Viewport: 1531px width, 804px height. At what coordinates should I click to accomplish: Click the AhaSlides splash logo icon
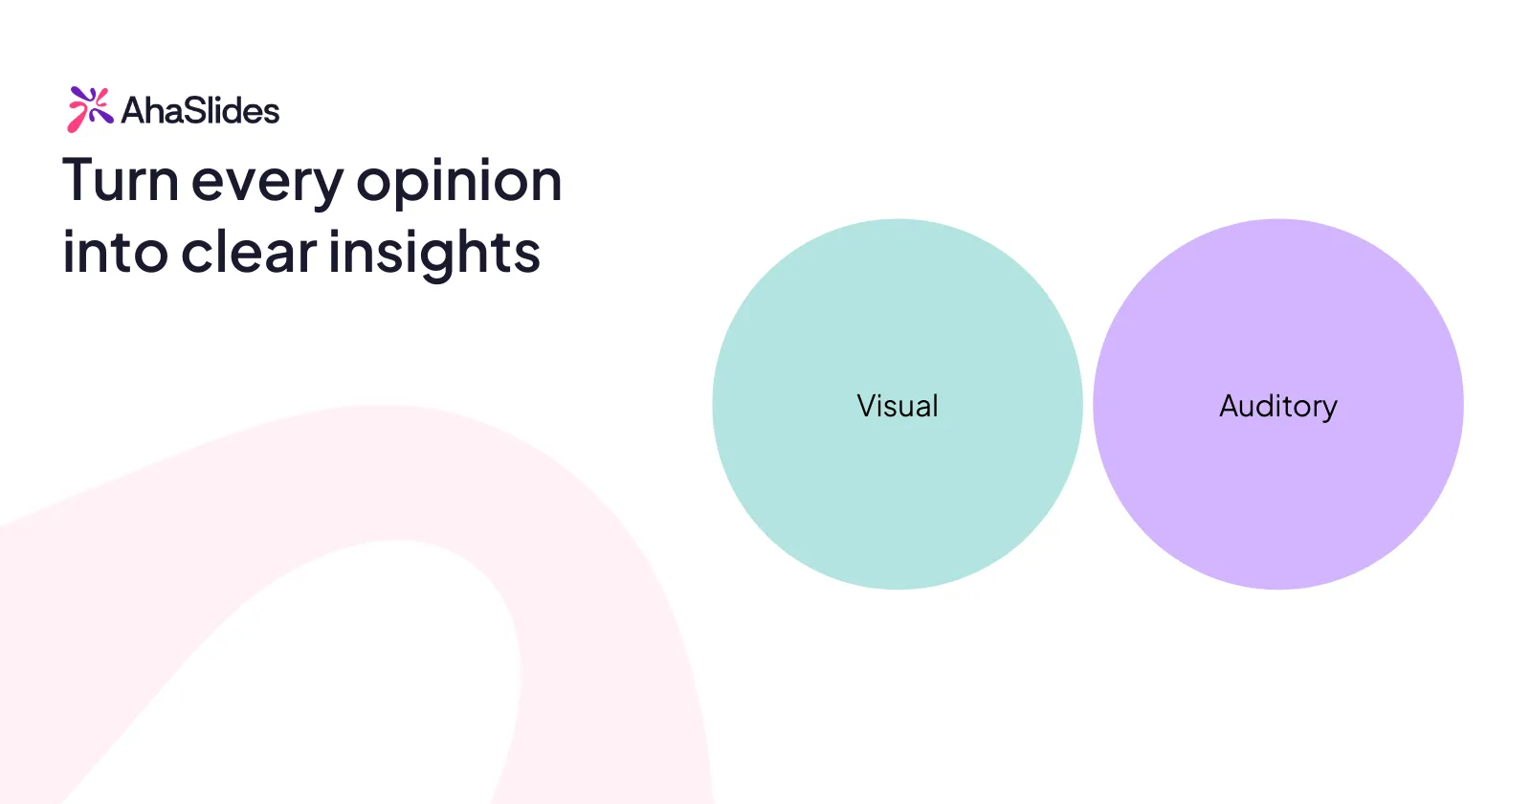pyautogui.click(x=90, y=109)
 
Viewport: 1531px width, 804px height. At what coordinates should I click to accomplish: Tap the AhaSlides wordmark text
pyautogui.click(x=200, y=111)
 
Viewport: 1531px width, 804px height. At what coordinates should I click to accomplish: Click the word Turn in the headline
pyautogui.click(x=121, y=180)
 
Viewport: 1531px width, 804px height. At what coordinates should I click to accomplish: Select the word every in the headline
pyautogui.click(x=267, y=185)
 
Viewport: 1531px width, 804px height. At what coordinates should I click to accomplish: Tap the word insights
pyautogui.click(x=434, y=254)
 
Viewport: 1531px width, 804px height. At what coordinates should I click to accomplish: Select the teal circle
pyautogui.click(x=898, y=404)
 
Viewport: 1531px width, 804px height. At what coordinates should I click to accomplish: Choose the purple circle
pyautogui.click(x=1278, y=404)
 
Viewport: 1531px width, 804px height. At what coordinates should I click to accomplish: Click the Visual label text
pyautogui.click(x=898, y=406)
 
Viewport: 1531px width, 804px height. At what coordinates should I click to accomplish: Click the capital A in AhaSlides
pyautogui.click(x=135, y=111)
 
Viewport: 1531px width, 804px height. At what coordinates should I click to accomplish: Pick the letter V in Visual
pyautogui.click(x=868, y=406)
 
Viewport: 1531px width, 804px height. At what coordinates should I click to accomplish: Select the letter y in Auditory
pyautogui.click(x=1327, y=411)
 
